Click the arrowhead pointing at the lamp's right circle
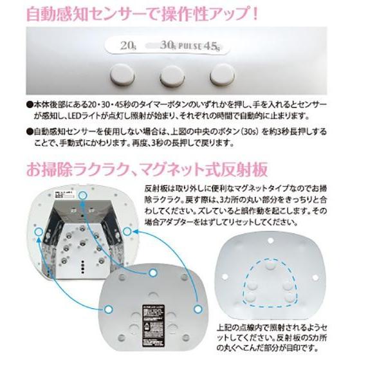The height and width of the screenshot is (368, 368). tap(132, 237)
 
